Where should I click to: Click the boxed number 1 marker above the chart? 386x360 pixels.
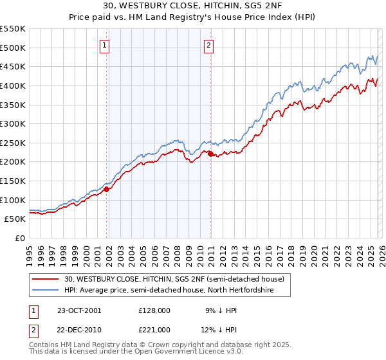click(x=104, y=45)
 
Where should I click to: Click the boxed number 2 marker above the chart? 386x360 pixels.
click(x=210, y=45)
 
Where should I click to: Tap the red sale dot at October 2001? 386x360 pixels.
click(x=107, y=189)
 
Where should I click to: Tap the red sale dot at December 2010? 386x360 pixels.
click(x=210, y=154)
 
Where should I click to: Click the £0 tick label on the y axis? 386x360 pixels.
click(x=21, y=238)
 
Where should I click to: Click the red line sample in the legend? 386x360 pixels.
click(x=46, y=279)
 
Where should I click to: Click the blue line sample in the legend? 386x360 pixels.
click(x=46, y=291)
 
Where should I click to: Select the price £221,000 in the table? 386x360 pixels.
click(x=154, y=329)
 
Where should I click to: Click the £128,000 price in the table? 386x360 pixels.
click(x=154, y=310)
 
